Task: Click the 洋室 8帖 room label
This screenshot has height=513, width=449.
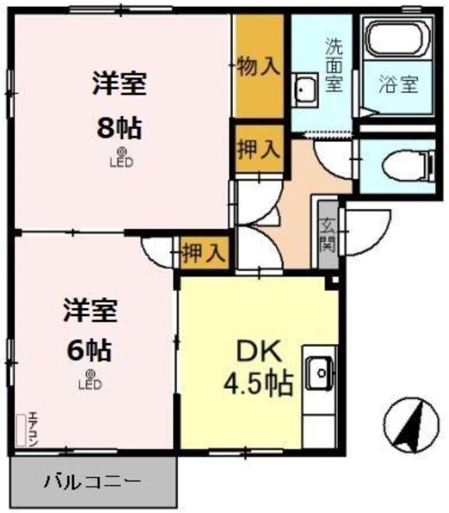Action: click(x=120, y=104)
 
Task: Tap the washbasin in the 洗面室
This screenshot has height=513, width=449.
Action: click(x=304, y=91)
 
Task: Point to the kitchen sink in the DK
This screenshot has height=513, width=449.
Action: click(x=318, y=375)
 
